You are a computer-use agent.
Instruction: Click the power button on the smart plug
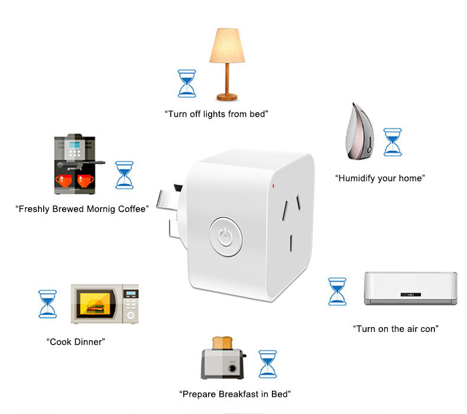click(x=225, y=237)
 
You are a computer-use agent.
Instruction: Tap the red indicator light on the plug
click(x=273, y=186)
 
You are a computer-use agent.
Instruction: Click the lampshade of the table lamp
click(x=227, y=45)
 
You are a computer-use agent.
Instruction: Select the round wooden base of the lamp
click(x=227, y=97)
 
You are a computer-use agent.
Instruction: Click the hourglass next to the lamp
click(x=187, y=84)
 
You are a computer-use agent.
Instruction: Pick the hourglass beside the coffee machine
click(x=125, y=175)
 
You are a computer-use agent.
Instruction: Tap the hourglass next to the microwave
click(x=48, y=304)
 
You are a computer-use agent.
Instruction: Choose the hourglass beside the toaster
click(x=267, y=364)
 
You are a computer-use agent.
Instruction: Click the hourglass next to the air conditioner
click(x=337, y=292)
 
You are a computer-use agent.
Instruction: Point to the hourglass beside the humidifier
click(x=393, y=142)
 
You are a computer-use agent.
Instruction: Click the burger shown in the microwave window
click(x=95, y=307)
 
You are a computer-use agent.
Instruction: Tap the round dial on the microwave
click(x=131, y=315)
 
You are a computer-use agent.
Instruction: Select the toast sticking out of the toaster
click(x=222, y=343)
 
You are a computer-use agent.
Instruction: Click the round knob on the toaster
click(x=232, y=369)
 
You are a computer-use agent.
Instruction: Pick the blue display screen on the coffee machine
click(x=74, y=145)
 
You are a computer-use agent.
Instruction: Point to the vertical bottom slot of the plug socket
click(x=291, y=243)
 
